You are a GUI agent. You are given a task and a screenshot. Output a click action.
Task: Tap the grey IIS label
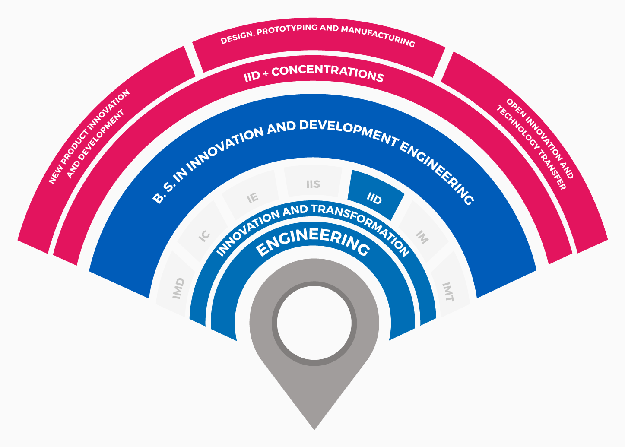click(313, 184)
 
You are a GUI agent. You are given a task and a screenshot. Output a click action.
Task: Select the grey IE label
click(253, 198)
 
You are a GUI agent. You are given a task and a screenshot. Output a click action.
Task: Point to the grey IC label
click(204, 236)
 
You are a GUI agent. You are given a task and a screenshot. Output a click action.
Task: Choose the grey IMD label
click(178, 288)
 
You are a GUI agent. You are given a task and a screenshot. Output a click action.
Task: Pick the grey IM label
click(422, 237)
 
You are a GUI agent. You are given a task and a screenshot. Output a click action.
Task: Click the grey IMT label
click(448, 292)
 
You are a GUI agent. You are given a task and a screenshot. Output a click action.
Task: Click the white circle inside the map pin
click(314, 323)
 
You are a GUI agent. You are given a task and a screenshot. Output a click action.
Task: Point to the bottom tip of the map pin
click(314, 430)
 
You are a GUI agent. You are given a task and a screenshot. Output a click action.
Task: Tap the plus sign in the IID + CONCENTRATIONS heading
click(266, 73)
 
